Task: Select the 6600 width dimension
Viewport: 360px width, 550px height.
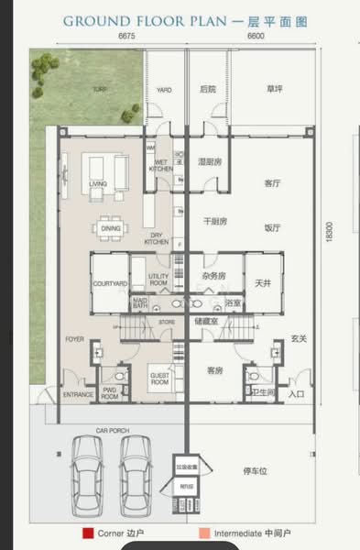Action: click(256, 36)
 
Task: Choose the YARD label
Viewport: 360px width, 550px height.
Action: click(164, 90)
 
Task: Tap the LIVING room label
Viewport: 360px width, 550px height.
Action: click(98, 183)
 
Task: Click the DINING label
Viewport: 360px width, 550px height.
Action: click(111, 228)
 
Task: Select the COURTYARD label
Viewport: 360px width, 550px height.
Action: click(109, 284)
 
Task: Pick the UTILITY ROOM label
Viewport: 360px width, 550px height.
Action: click(158, 282)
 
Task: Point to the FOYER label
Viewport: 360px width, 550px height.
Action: click(74, 339)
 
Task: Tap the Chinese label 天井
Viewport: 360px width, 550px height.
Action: click(262, 284)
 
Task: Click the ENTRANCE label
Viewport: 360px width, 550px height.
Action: click(78, 394)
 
